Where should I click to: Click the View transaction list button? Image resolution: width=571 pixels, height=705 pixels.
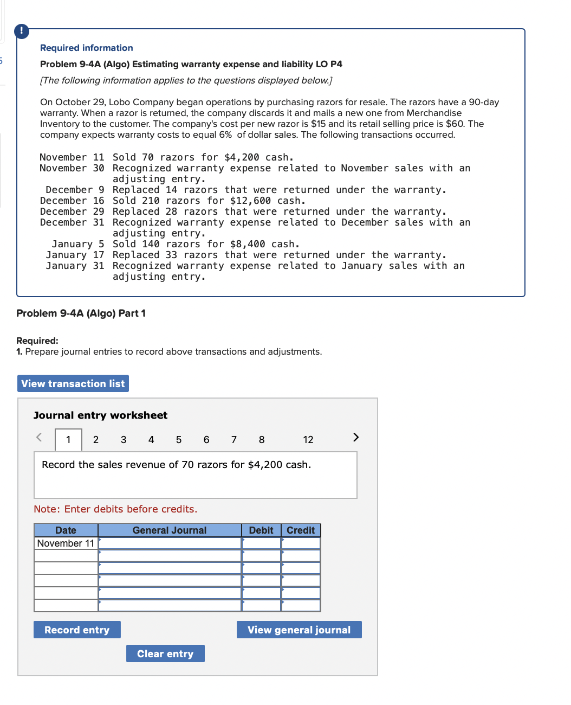tap(73, 383)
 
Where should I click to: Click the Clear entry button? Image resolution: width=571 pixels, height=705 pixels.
tap(165, 653)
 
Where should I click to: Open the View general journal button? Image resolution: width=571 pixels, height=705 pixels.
tap(299, 630)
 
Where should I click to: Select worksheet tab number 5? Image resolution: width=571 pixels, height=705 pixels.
tap(179, 440)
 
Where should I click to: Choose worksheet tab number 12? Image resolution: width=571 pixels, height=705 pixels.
tap(308, 440)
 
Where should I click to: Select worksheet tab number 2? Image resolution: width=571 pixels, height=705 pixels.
tap(96, 440)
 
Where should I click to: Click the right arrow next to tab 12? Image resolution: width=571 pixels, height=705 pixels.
tap(356, 437)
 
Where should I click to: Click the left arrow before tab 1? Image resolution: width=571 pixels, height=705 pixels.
tap(39, 437)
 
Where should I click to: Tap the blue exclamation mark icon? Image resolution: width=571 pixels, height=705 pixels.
tap(22, 30)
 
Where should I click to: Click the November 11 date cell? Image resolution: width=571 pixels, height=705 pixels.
tap(66, 543)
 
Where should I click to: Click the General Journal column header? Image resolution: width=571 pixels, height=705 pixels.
tap(170, 530)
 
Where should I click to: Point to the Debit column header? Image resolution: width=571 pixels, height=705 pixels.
tap(261, 530)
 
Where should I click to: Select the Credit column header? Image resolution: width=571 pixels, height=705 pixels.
tap(301, 530)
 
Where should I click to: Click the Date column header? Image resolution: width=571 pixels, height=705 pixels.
tap(66, 530)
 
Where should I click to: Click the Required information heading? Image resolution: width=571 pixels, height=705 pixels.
tap(87, 48)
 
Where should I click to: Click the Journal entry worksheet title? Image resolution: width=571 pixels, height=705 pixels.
tap(100, 415)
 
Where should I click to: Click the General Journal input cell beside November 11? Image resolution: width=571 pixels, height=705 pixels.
tap(170, 543)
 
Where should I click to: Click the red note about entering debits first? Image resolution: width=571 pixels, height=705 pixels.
tap(115, 509)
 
